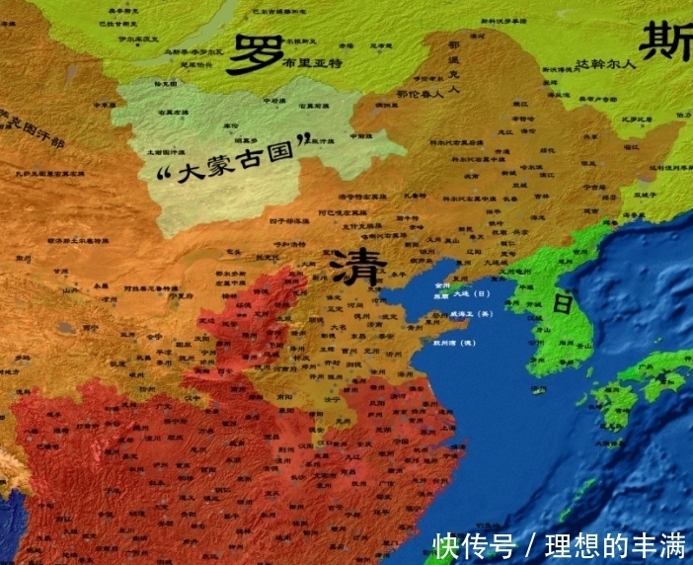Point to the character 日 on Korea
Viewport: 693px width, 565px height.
(x=562, y=304)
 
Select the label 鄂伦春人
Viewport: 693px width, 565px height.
(x=420, y=95)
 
